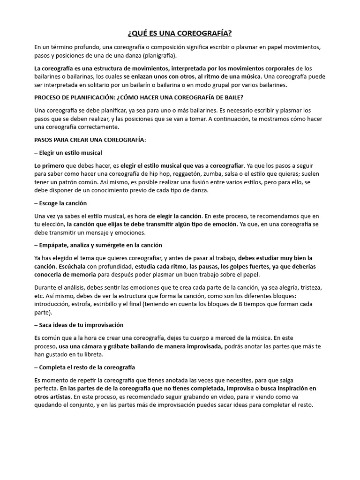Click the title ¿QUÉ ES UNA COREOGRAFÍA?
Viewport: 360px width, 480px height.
[x=180, y=34]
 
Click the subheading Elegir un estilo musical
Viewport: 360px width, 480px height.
[x=68, y=153]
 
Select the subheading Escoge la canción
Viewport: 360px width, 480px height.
[x=60, y=203]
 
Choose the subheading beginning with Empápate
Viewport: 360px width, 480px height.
[x=98, y=245]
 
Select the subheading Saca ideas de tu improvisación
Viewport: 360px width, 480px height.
[x=79, y=325]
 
